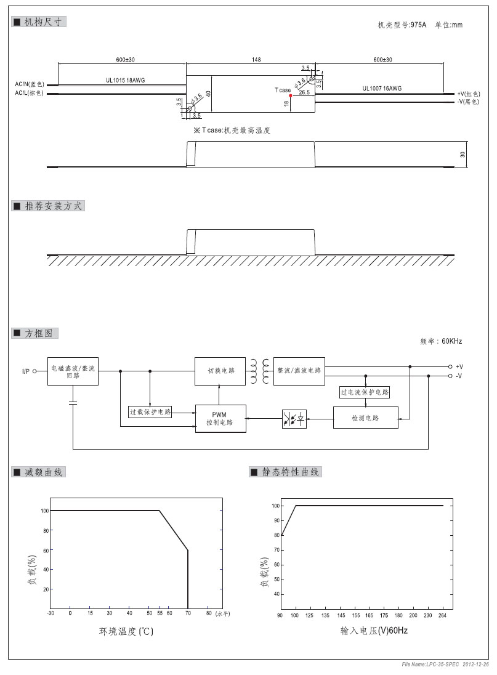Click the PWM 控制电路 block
click(x=220, y=418)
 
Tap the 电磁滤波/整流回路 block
click(x=73, y=371)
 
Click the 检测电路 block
click(x=365, y=418)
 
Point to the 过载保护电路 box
click(x=150, y=411)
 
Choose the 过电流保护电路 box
click(x=365, y=392)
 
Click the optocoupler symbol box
click(x=294, y=419)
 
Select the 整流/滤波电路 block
click(x=299, y=371)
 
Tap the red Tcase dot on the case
click(x=290, y=96)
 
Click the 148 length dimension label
click(x=256, y=60)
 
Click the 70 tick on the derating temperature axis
click(x=188, y=613)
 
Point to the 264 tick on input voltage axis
click(x=441, y=615)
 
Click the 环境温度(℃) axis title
click(x=126, y=631)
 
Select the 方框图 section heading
click(x=36, y=333)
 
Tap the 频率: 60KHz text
click(x=440, y=341)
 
